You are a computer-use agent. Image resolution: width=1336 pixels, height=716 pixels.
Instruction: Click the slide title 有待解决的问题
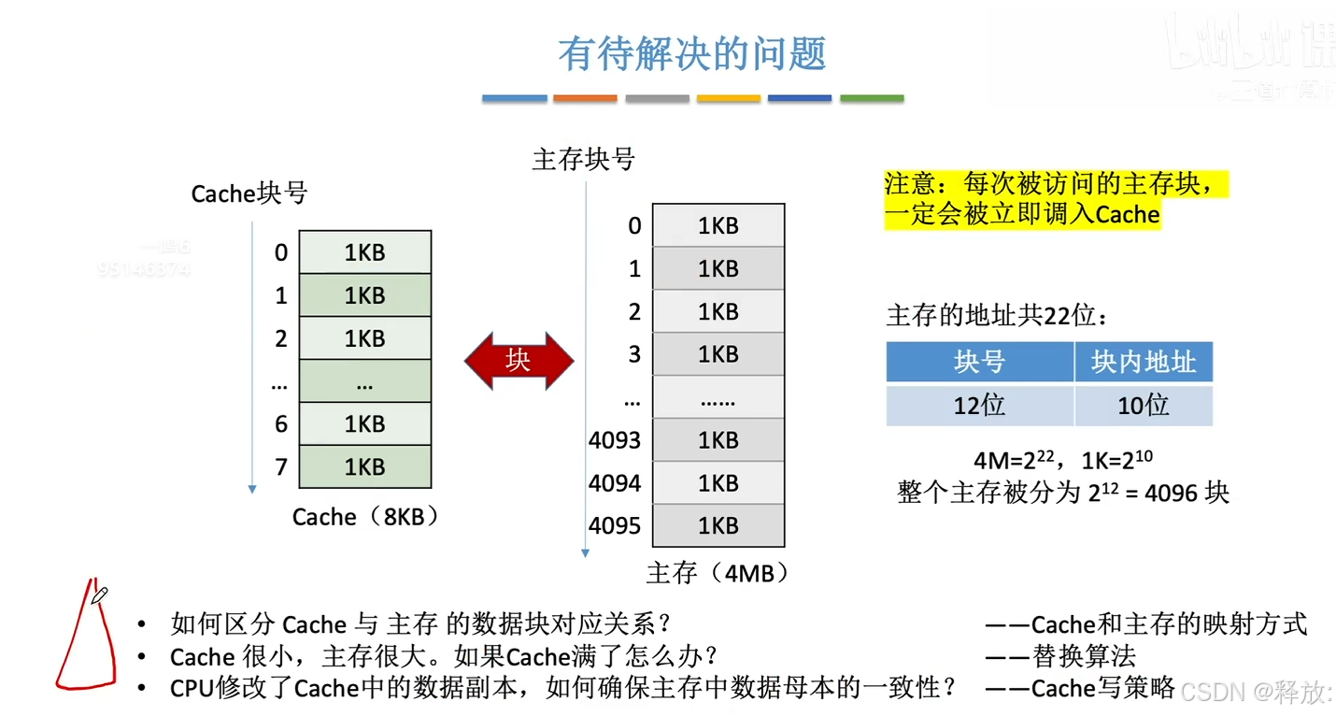pos(692,54)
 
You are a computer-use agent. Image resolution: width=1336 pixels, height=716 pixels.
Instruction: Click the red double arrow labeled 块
pos(519,360)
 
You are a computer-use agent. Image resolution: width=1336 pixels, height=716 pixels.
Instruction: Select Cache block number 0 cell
pos(364,252)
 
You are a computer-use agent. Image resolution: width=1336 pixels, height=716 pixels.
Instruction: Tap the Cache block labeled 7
pos(364,466)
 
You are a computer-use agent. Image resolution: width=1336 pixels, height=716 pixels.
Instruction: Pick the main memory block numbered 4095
pos(718,526)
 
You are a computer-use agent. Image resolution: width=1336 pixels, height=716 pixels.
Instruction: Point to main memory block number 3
pos(718,354)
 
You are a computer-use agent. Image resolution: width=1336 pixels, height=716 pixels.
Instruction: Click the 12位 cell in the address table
pos(979,406)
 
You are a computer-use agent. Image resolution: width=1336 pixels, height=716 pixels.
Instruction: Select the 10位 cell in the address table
pos(1144,406)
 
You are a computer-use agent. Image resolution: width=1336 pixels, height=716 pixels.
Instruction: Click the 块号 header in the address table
pos(979,362)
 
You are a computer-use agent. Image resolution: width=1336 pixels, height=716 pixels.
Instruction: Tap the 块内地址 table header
pos(1144,362)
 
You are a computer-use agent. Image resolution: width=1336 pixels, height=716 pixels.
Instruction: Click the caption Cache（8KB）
pos(365,517)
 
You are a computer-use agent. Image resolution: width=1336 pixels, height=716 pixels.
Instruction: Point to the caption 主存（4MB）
pos(718,572)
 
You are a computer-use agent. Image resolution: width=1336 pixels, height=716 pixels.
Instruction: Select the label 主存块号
pos(583,160)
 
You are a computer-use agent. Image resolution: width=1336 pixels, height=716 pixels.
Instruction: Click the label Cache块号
pos(249,193)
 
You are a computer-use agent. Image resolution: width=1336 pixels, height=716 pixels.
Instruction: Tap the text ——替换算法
pos(1060,656)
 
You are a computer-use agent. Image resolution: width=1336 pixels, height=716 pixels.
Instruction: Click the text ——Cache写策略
pos(1080,689)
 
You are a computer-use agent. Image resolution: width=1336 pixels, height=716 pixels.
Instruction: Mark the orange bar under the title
pos(585,98)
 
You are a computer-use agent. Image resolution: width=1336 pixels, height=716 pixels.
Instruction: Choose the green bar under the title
pos(872,98)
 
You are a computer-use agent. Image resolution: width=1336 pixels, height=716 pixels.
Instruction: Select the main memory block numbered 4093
pos(718,440)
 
